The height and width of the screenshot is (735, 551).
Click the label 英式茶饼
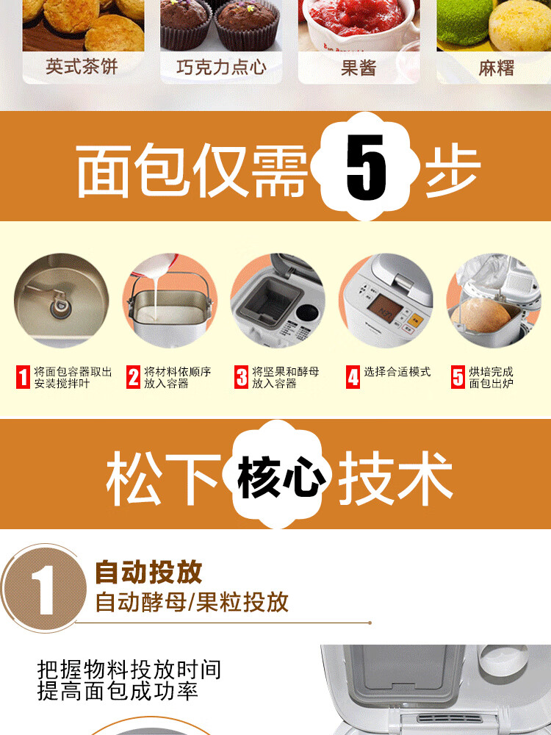pyautogui.click(x=82, y=67)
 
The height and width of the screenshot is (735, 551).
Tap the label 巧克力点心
pyautogui.click(x=221, y=67)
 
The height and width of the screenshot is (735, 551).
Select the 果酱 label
pyautogui.click(x=359, y=68)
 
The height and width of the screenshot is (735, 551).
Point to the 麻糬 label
pyautogui.click(x=496, y=68)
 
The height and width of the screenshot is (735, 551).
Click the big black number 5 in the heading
pyautogui.click(x=367, y=168)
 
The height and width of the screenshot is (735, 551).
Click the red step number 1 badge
pyautogui.click(x=23, y=377)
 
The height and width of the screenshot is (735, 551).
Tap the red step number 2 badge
pyautogui.click(x=134, y=377)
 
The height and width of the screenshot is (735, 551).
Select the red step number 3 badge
pyautogui.click(x=241, y=377)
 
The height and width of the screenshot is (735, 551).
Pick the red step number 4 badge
pyautogui.click(x=353, y=377)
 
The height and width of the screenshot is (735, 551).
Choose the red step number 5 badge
pyautogui.click(x=458, y=377)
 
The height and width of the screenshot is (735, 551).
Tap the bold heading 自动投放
pyautogui.click(x=148, y=572)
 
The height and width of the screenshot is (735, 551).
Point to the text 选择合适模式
pyautogui.click(x=397, y=372)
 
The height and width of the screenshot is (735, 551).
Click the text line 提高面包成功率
pyautogui.click(x=118, y=691)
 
